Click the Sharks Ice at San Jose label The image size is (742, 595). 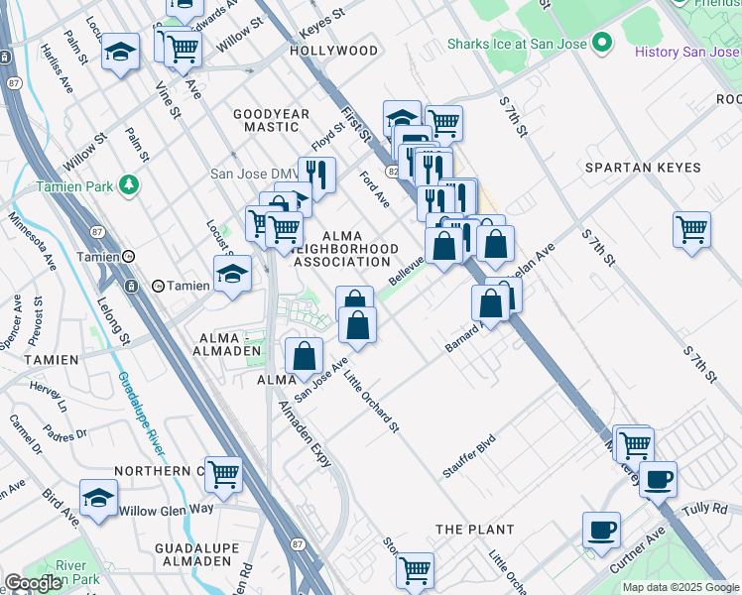516,44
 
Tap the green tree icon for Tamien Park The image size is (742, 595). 128,184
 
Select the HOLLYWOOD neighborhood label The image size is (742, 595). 334,51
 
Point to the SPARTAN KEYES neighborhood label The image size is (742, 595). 643,168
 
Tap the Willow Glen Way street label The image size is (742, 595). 166,510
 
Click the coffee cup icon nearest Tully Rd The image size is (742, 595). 657,480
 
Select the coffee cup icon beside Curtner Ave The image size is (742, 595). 601,529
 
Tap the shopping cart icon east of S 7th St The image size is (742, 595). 691,228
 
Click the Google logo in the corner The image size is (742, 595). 33,583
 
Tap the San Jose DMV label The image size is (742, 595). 248,174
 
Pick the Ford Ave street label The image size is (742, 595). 375,189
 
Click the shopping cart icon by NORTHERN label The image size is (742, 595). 223,474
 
